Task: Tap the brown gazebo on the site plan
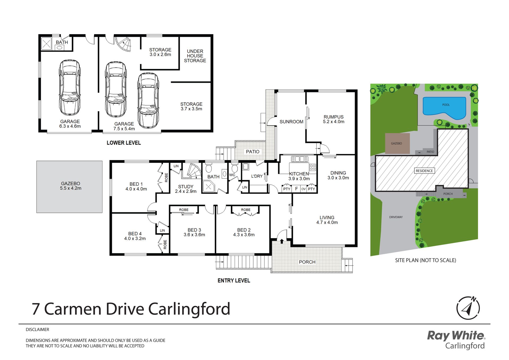(397, 144)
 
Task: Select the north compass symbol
(468, 308)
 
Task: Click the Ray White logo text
(456, 336)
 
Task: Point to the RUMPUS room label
(334, 117)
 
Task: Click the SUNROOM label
(291, 122)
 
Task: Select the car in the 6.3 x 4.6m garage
(70, 88)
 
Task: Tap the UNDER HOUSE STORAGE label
(195, 56)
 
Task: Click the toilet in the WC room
(234, 168)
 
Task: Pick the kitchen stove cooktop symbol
(313, 167)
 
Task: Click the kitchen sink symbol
(300, 159)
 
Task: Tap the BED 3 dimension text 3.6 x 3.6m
(194, 235)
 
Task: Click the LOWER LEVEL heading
(124, 143)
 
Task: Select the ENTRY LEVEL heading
(234, 280)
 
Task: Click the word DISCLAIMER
(37, 329)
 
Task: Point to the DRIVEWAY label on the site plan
(396, 217)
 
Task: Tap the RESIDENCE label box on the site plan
(424, 171)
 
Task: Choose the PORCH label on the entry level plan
(307, 262)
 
